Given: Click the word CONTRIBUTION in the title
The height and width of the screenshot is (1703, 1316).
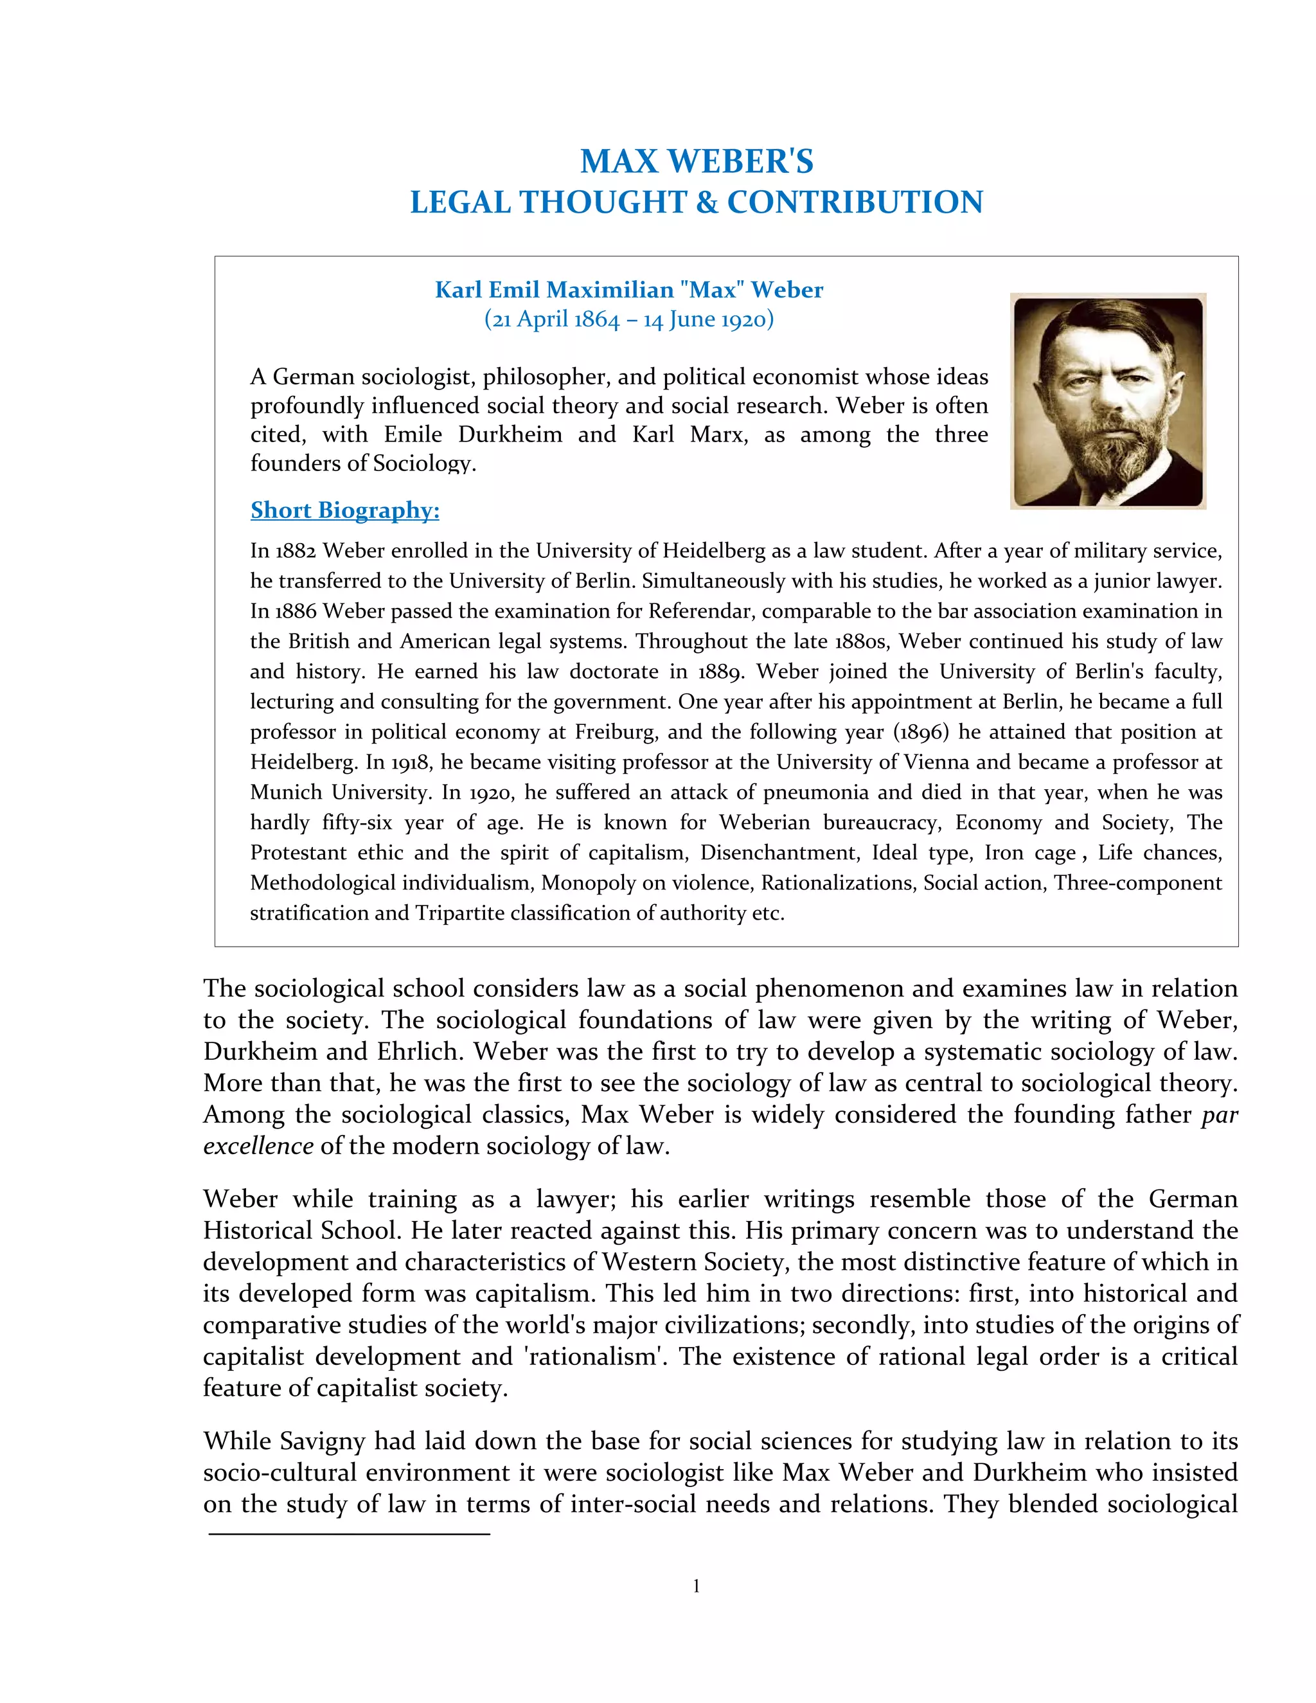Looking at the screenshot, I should pyautogui.click(x=855, y=202).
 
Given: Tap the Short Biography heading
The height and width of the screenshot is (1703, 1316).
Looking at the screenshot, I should pyautogui.click(x=344, y=510).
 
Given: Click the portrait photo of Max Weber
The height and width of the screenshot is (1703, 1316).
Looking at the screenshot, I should pyautogui.click(x=1107, y=401).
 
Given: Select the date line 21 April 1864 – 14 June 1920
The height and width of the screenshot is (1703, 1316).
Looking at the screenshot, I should pyautogui.click(x=628, y=319).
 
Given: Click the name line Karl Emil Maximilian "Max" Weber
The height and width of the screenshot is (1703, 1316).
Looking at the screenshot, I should pyautogui.click(x=628, y=289).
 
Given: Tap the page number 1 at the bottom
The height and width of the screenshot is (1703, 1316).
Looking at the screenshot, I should pyautogui.click(x=696, y=1586).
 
